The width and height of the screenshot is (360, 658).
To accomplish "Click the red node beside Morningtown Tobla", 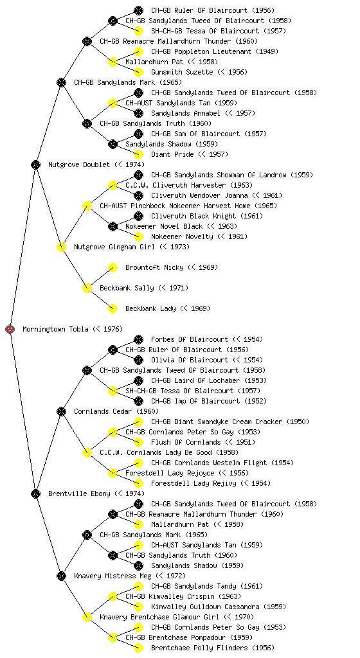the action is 10,330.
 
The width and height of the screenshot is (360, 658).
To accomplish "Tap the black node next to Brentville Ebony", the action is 35,494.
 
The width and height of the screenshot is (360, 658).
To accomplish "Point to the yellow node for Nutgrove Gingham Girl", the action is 61,247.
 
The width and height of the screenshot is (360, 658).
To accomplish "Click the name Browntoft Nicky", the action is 154,268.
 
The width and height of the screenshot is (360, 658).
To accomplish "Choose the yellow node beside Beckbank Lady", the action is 113,309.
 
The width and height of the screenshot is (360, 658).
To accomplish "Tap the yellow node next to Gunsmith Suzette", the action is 138,72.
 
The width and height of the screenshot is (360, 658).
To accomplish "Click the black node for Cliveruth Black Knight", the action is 138,216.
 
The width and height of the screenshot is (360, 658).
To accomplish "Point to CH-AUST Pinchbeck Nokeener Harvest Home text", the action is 175,206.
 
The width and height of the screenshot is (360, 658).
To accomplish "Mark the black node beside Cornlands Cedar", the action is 61,412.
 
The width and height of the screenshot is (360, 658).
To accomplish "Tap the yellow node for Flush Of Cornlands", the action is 138,442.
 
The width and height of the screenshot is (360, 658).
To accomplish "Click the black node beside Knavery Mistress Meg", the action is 61,576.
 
